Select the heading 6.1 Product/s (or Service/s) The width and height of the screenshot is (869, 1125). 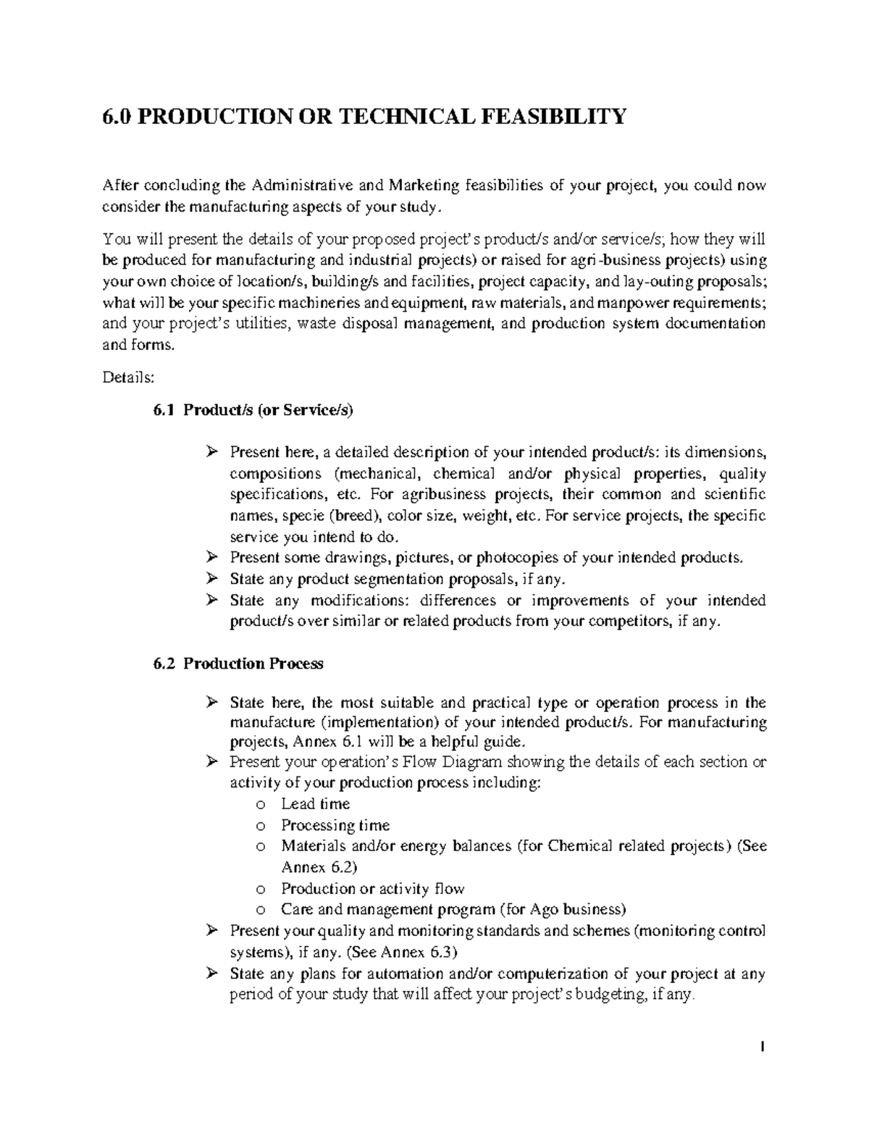tap(253, 411)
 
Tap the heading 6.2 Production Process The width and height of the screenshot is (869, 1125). tap(239, 664)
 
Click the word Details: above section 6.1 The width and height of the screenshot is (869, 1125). tap(128, 377)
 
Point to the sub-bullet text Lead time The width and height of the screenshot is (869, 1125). tap(315, 804)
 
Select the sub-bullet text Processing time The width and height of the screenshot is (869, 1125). tap(335, 825)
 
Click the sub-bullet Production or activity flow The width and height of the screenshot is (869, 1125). tap(372, 889)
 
